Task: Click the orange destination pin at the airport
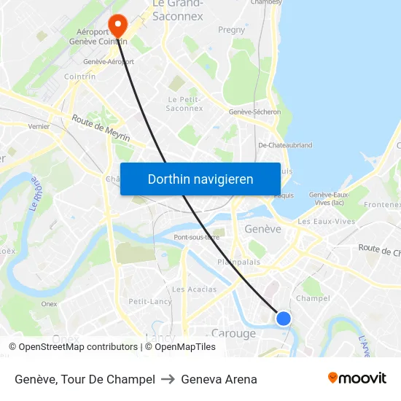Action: tap(117, 26)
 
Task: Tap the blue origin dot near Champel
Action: tap(284, 319)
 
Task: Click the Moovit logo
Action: tap(357, 378)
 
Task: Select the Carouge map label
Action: tap(233, 334)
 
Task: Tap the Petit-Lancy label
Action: tap(150, 301)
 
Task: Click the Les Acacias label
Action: tap(195, 289)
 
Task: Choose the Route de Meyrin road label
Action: tap(101, 129)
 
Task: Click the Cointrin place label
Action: tap(79, 77)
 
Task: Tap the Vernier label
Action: tap(39, 126)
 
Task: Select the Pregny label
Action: tap(231, 30)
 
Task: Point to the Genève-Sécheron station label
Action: tap(254, 112)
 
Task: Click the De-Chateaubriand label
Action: tap(285, 145)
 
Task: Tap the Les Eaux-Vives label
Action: tap(326, 221)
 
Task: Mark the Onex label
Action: tap(49, 304)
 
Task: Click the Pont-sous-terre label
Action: tap(196, 237)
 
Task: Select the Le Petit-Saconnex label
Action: tap(184, 104)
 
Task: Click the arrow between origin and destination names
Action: tap(168, 379)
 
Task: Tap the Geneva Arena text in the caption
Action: tap(219, 379)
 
